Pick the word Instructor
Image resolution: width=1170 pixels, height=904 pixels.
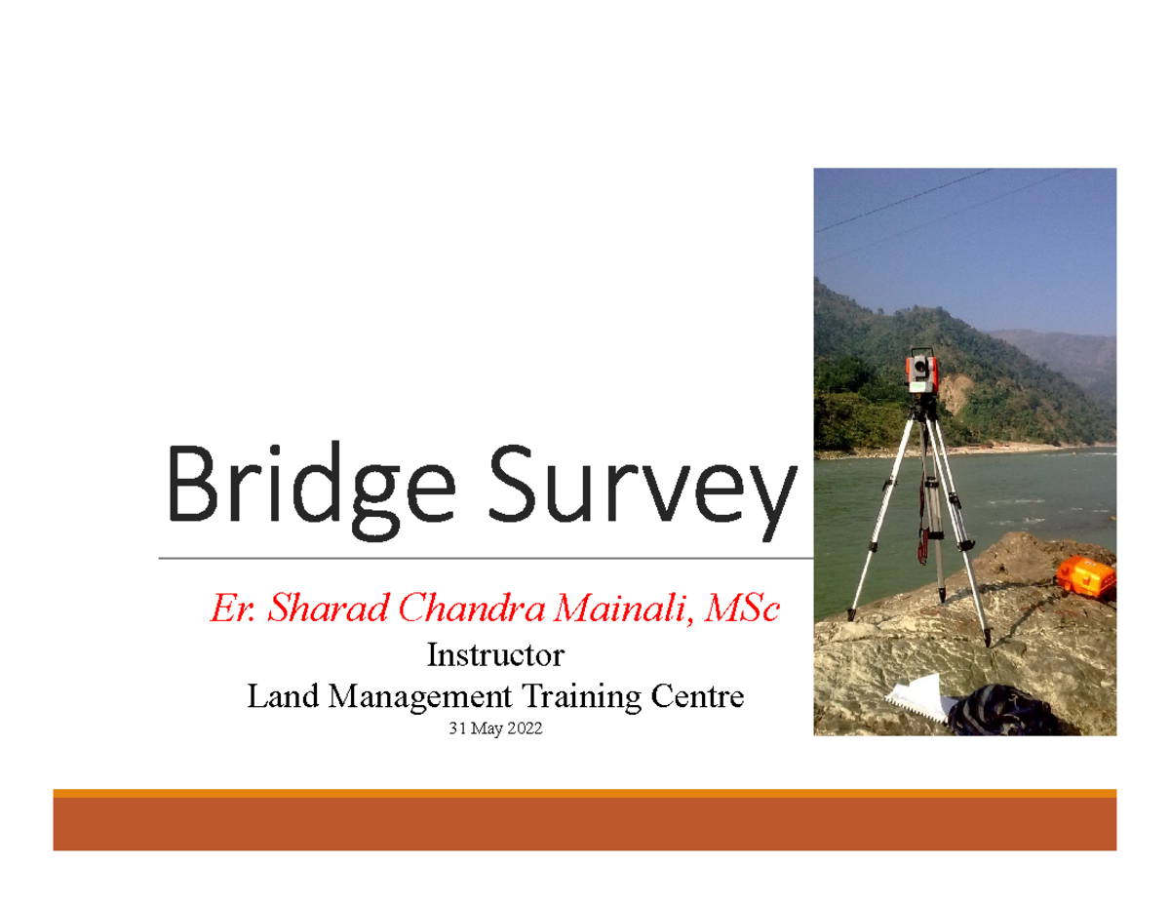coord(495,653)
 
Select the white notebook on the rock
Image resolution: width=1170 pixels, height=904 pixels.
coord(916,698)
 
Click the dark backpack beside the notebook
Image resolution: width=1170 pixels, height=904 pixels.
coord(994,710)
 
